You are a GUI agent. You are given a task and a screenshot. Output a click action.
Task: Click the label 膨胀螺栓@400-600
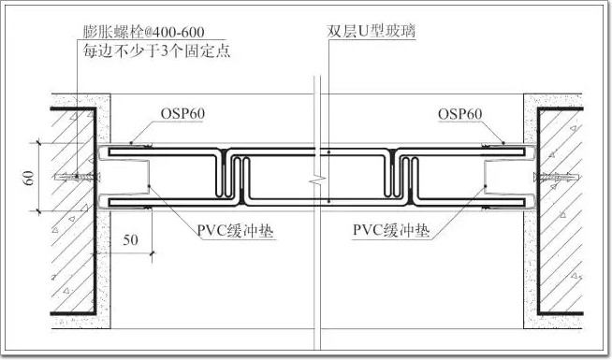pyautogui.click(x=143, y=32)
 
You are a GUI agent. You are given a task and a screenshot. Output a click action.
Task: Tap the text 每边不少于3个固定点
pyautogui.click(x=156, y=51)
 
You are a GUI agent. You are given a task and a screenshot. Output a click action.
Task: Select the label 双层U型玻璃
pyautogui.click(x=371, y=31)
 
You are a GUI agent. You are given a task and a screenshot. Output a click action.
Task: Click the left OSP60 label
pyautogui.click(x=182, y=114)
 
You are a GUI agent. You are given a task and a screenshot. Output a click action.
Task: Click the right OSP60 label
pyautogui.click(x=459, y=114)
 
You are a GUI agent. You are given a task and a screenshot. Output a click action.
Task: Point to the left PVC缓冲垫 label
pyautogui.click(x=235, y=231)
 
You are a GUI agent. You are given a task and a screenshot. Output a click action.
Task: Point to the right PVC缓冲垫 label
pyautogui.click(x=391, y=230)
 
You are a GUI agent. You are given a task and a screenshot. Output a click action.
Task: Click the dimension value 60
pyautogui.click(x=30, y=178)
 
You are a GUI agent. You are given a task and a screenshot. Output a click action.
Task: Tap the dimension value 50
pyautogui.click(x=130, y=239)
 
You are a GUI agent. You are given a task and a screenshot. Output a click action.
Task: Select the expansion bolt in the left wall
pyautogui.click(x=78, y=177)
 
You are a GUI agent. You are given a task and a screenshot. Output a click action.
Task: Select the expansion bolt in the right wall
pyautogui.click(x=556, y=177)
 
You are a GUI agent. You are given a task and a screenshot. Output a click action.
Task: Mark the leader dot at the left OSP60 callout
pyautogui.click(x=131, y=143)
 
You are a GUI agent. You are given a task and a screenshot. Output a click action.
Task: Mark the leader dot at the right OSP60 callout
pyautogui.click(x=503, y=143)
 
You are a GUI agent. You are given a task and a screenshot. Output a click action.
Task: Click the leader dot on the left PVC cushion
pyautogui.click(x=149, y=186)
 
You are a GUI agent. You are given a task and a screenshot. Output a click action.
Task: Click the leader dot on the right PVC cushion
pyautogui.click(x=486, y=186)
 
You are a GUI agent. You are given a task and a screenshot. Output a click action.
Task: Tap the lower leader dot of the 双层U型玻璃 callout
pyautogui.click(x=329, y=202)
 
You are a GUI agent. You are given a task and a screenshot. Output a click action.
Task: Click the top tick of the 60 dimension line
pyautogui.click(x=38, y=143)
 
